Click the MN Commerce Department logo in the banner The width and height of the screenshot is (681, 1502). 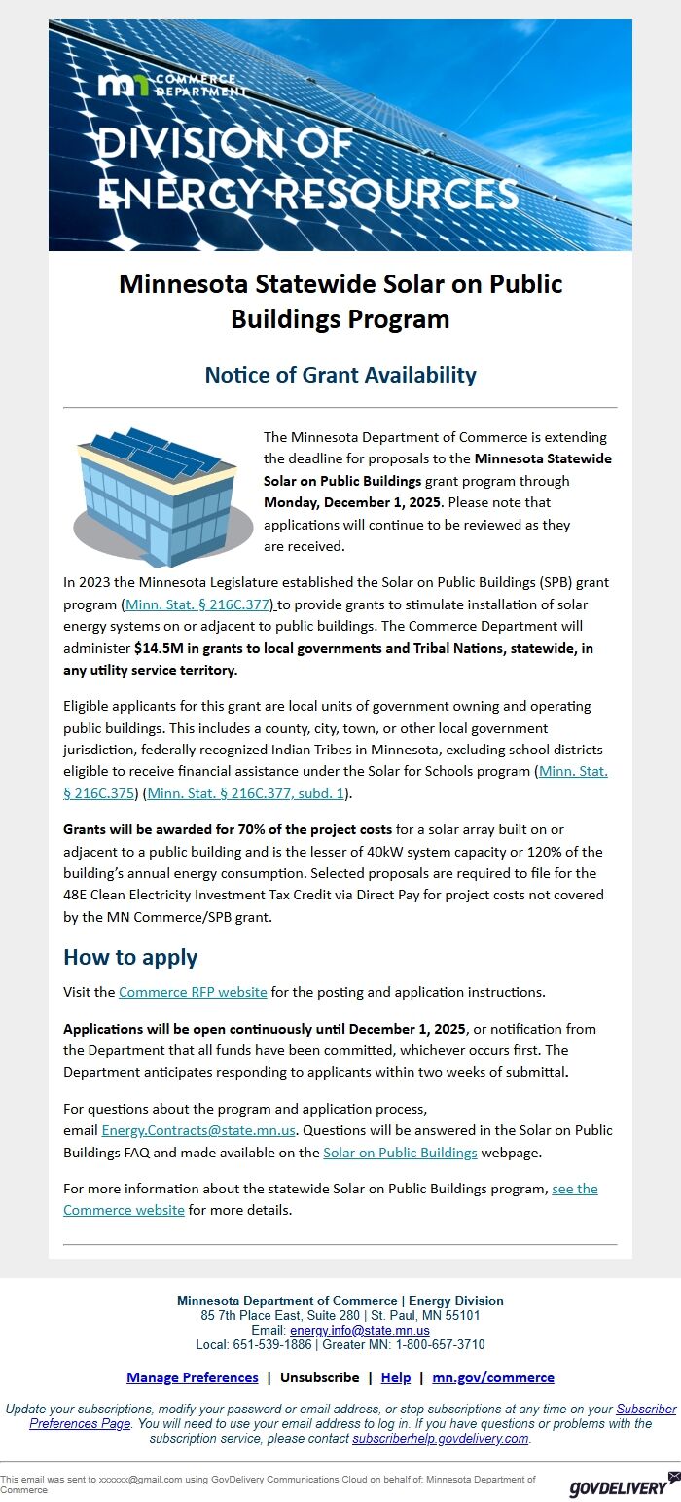165,84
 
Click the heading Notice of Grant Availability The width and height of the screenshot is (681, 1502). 340,375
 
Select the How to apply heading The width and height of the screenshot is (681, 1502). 130,957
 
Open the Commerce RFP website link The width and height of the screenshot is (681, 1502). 193,992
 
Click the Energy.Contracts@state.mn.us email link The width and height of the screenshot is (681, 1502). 198,1131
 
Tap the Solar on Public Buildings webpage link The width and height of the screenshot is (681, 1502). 400,1153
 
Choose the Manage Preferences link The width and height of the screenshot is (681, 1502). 193,1377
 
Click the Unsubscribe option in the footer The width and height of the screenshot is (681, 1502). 319,1377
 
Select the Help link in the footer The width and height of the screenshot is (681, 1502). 396,1377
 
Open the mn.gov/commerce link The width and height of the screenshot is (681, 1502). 493,1377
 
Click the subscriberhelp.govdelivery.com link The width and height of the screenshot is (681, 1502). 440,1438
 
